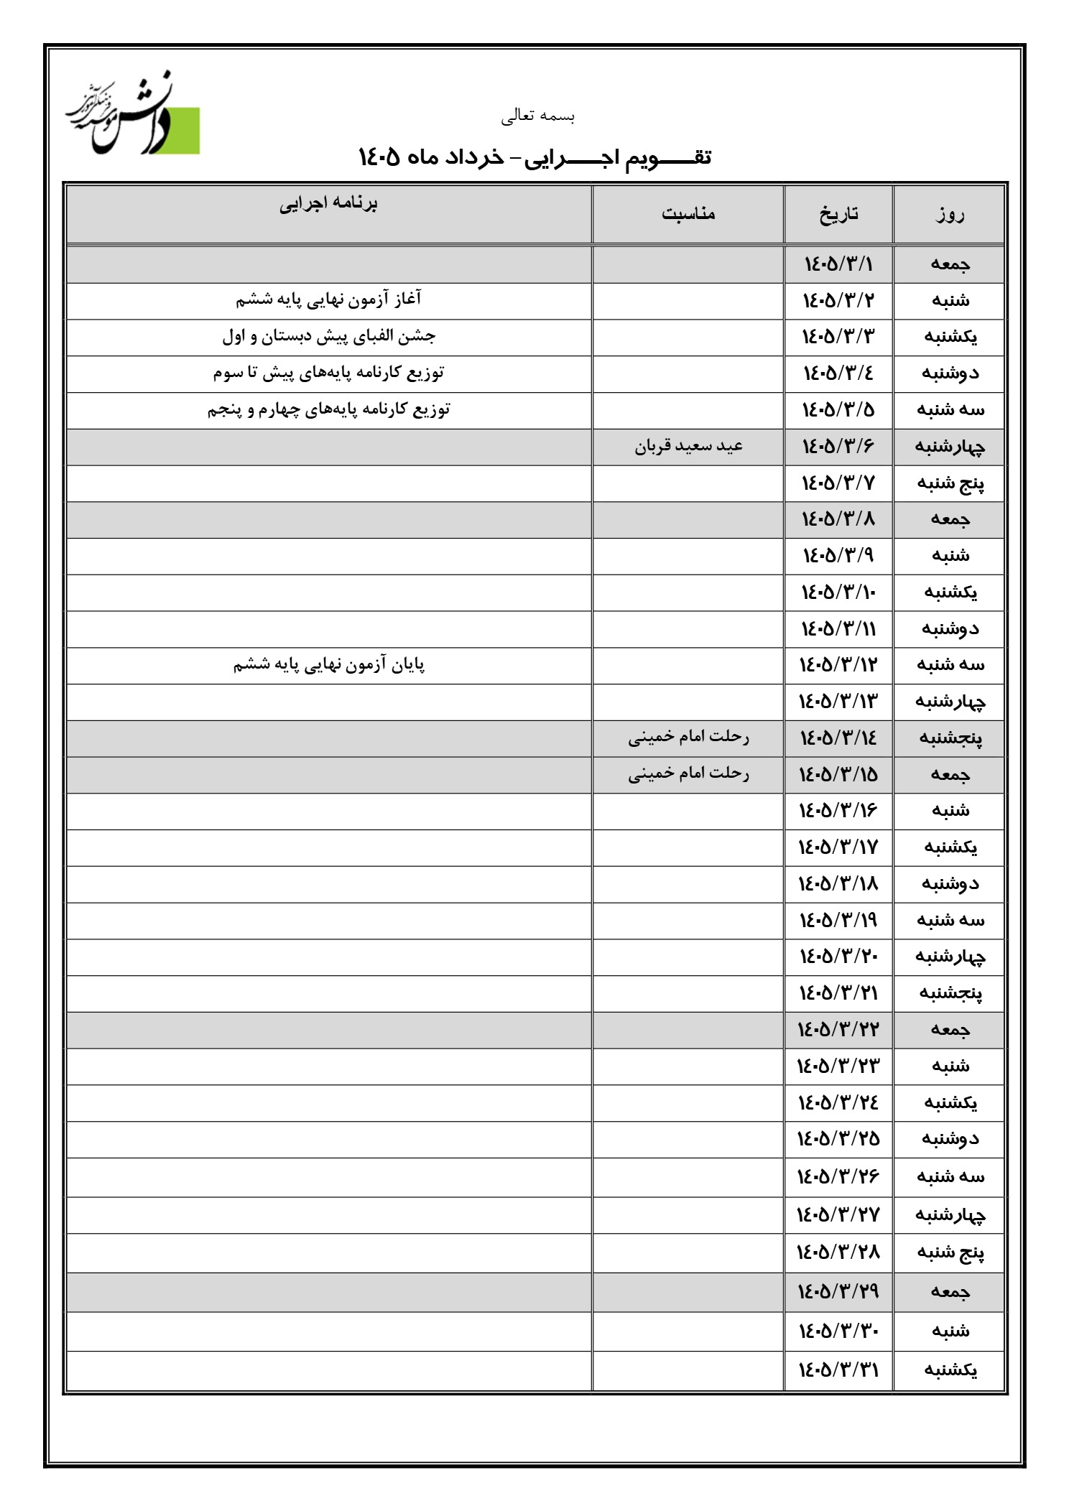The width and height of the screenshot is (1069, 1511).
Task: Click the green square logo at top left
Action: pyautogui.click(x=180, y=131)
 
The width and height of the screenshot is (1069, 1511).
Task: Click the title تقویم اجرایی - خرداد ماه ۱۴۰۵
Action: pyautogui.click(x=534, y=157)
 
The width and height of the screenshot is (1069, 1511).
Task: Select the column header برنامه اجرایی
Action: pyautogui.click(x=328, y=204)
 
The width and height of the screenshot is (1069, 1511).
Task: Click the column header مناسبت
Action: pyautogui.click(x=688, y=213)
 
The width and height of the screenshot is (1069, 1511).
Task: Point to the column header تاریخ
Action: pyautogui.click(x=838, y=213)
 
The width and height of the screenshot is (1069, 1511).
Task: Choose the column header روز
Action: pyautogui.click(x=950, y=214)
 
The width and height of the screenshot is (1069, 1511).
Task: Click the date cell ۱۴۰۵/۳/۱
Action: pyautogui.click(x=838, y=264)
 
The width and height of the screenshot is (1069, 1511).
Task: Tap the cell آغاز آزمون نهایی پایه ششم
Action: pyautogui.click(x=328, y=299)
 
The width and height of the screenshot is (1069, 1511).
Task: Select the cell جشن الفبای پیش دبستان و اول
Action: pyautogui.click(x=328, y=335)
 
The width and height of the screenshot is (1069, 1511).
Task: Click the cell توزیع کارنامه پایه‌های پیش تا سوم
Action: pyautogui.click(x=328, y=372)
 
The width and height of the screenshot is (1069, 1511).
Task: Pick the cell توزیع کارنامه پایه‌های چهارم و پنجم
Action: pyautogui.click(x=328, y=409)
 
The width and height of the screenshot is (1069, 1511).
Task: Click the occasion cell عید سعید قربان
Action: pyautogui.click(x=688, y=446)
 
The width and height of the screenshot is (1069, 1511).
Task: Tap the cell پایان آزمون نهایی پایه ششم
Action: pyautogui.click(x=328, y=665)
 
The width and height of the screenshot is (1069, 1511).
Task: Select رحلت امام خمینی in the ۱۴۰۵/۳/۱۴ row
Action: pyautogui.click(x=688, y=738)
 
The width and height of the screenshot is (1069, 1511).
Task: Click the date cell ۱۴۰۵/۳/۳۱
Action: pyautogui.click(x=838, y=1370)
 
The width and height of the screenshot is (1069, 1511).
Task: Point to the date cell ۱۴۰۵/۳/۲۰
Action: pyautogui.click(x=838, y=956)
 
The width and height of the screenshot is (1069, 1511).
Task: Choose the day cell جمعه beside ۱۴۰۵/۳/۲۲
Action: pyautogui.click(x=950, y=1029)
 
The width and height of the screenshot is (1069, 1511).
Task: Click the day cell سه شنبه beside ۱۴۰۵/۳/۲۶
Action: pyautogui.click(x=950, y=1176)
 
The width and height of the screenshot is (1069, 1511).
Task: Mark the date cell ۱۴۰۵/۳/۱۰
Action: pyautogui.click(x=838, y=592)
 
